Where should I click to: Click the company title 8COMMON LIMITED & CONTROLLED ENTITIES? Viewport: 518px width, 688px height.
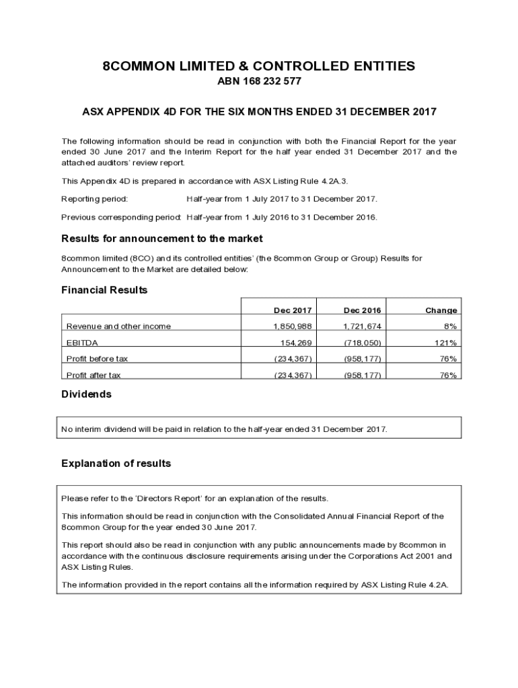pos(258,66)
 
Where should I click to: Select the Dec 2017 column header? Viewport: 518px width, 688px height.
pos(293,310)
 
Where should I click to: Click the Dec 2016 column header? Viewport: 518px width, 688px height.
pos(363,310)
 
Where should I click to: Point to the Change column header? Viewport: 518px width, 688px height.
pos(441,310)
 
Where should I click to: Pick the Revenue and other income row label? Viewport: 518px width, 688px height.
pos(118,327)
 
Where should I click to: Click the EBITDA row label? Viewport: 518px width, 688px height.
pos(82,343)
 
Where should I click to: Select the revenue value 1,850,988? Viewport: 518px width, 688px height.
pos(293,327)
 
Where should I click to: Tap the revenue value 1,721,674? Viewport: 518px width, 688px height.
pos(363,327)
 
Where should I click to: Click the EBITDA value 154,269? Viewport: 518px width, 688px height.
pos(296,343)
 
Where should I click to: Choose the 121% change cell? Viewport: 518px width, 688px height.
pos(447,343)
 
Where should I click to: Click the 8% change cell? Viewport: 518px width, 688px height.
pos(451,327)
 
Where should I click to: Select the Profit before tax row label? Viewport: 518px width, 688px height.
pos(97,359)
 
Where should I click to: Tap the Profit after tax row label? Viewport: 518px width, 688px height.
pos(94,375)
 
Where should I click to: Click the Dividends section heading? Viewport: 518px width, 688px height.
pos(86,394)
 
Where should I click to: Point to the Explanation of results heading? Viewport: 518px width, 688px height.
pos(116,464)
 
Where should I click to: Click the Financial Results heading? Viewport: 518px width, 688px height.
pos(104,290)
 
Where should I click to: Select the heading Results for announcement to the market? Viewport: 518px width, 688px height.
pos(161,239)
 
